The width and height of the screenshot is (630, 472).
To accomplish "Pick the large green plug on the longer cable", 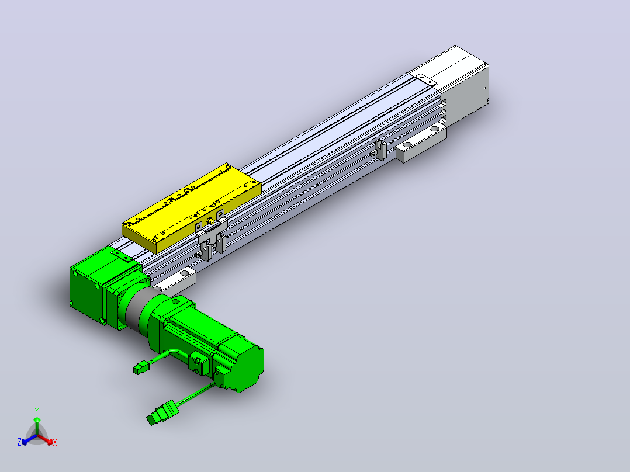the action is point(162,412).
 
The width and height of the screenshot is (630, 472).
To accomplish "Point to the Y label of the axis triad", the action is point(37,411).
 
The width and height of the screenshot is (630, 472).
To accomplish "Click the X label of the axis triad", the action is point(55,442).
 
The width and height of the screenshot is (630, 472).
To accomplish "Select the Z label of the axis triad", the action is point(19,442).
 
